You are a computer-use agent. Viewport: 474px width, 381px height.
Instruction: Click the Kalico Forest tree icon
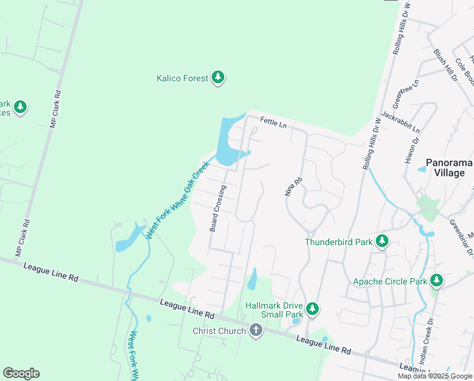pyautogui.click(x=219, y=78)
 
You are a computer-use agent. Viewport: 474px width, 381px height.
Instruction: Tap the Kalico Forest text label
pyautogui.click(x=183, y=78)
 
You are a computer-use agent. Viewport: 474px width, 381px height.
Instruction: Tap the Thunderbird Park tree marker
pyautogui.click(x=381, y=241)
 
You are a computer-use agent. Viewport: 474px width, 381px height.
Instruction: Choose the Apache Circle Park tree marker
pyautogui.click(x=436, y=280)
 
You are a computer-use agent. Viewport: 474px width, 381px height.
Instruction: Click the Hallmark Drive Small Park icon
pyautogui.click(x=312, y=309)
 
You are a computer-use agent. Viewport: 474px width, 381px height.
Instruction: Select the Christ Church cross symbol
pyautogui.click(x=255, y=330)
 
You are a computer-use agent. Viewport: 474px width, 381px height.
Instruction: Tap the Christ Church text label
pyautogui.click(x=219, y=331)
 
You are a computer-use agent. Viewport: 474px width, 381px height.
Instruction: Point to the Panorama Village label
pyautogui.click(x=449, y=168)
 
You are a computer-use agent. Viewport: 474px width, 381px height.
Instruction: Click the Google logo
pyautogui.click(x=21, y=373)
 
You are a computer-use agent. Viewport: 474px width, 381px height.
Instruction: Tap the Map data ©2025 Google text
pyautogui.click(x=435, y=376)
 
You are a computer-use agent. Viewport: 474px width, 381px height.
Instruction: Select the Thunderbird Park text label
pyautogui.click(x=338, y=241)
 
